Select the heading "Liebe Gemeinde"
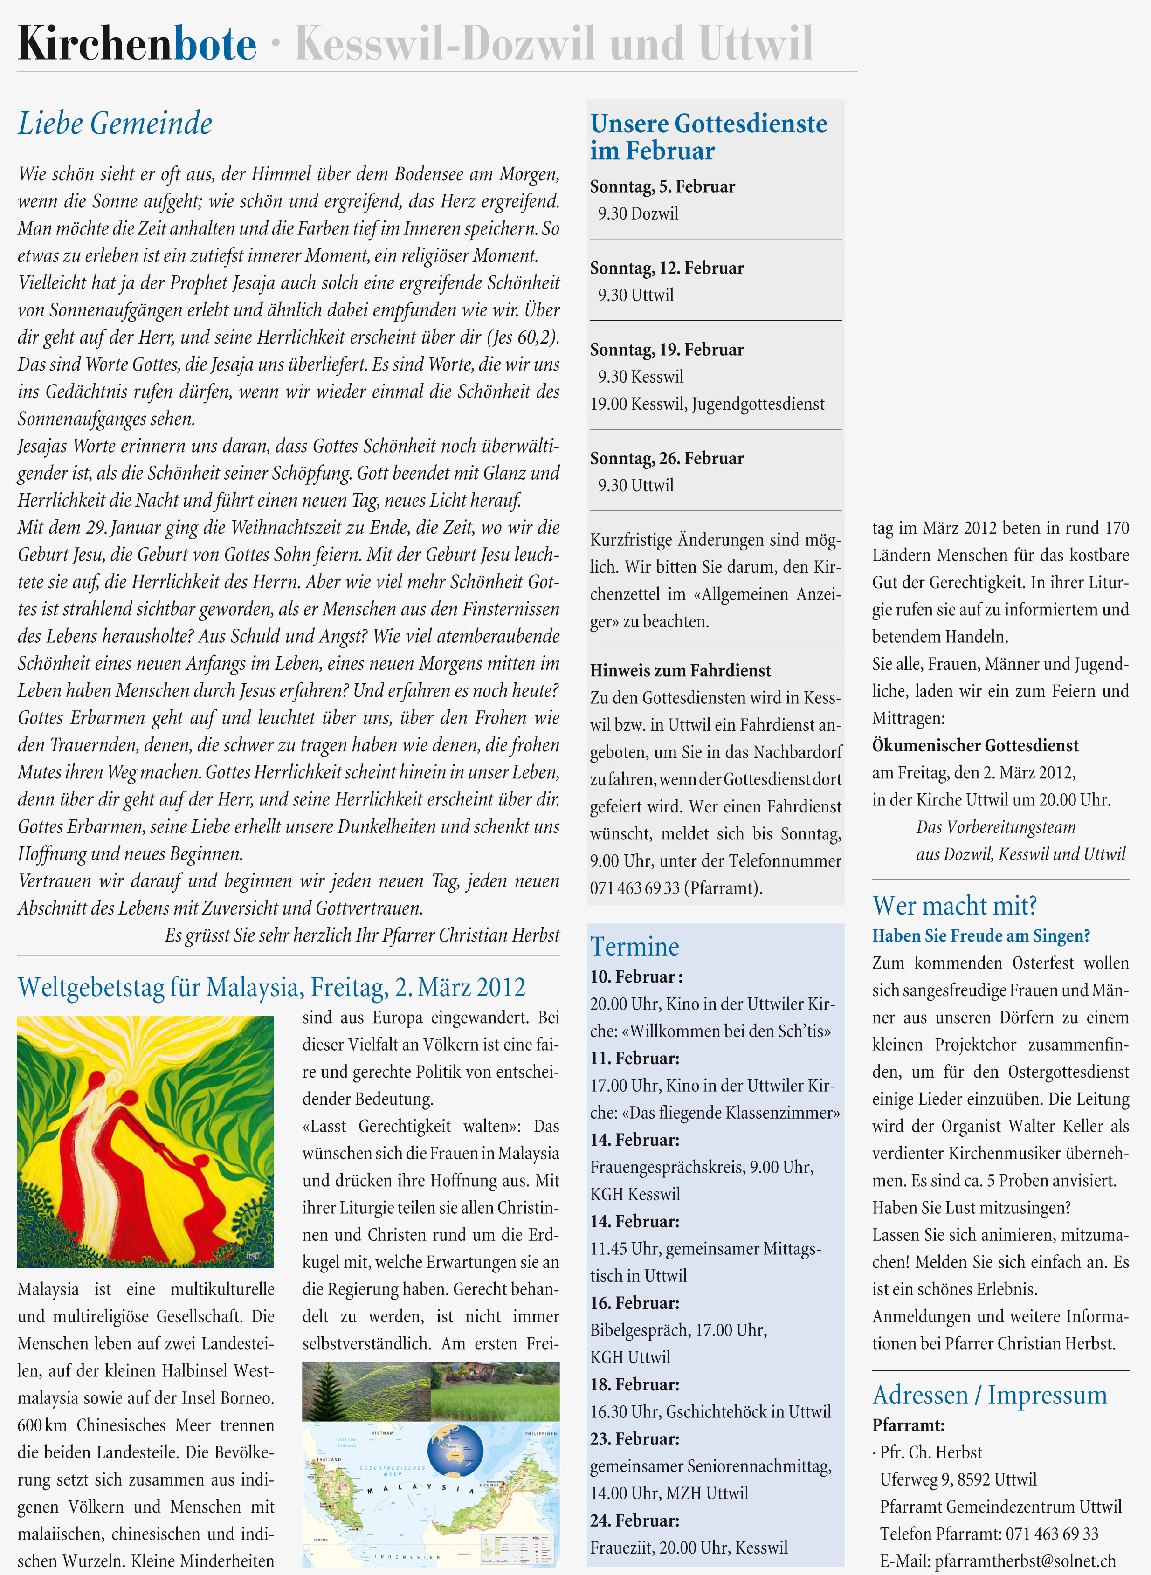tap(115, 124)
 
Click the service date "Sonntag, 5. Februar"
tap(662, 187)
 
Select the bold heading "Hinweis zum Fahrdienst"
tap(680, 670)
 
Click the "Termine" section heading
tap(634, 947)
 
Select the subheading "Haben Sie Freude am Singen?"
tap(980, 935)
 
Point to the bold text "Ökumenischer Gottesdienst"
tap(975, 745)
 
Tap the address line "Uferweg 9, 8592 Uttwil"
tap(958, 1479)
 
